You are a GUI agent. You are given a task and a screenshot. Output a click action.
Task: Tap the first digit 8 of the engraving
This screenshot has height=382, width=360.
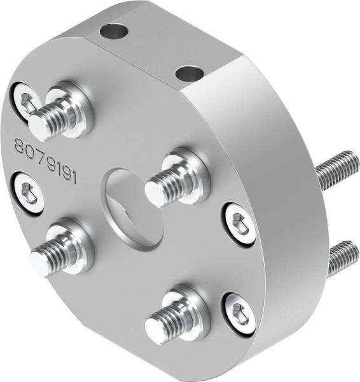20,146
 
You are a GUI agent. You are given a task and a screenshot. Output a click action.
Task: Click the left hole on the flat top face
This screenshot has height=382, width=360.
114,30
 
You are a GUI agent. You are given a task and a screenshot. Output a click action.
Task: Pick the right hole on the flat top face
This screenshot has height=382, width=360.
188,74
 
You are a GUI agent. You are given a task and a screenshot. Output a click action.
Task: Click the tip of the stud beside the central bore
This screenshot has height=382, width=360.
154,190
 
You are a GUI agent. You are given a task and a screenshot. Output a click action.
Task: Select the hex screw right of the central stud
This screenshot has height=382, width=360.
240,222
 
